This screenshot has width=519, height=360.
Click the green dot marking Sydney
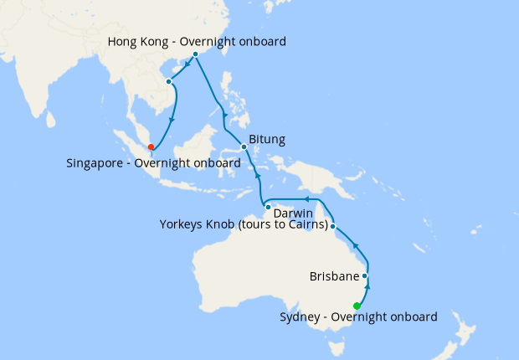click(357, 306)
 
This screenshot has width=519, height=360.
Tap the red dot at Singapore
click(151, 147)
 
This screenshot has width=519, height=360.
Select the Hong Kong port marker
click(195, 54)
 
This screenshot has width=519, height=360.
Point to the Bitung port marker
click(244, 147)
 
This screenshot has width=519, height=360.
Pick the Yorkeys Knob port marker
click(333, 226)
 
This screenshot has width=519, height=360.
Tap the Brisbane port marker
click(365, 275)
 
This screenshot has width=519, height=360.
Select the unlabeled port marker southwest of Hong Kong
click(169, 81)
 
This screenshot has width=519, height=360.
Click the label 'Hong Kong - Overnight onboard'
click(198, 41)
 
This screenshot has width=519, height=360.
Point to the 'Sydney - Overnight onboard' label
click(358, 317)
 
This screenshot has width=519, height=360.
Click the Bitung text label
click(268, 139)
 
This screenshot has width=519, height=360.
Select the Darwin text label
click(293, 213)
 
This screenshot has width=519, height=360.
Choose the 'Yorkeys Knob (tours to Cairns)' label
click(243, 226)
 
